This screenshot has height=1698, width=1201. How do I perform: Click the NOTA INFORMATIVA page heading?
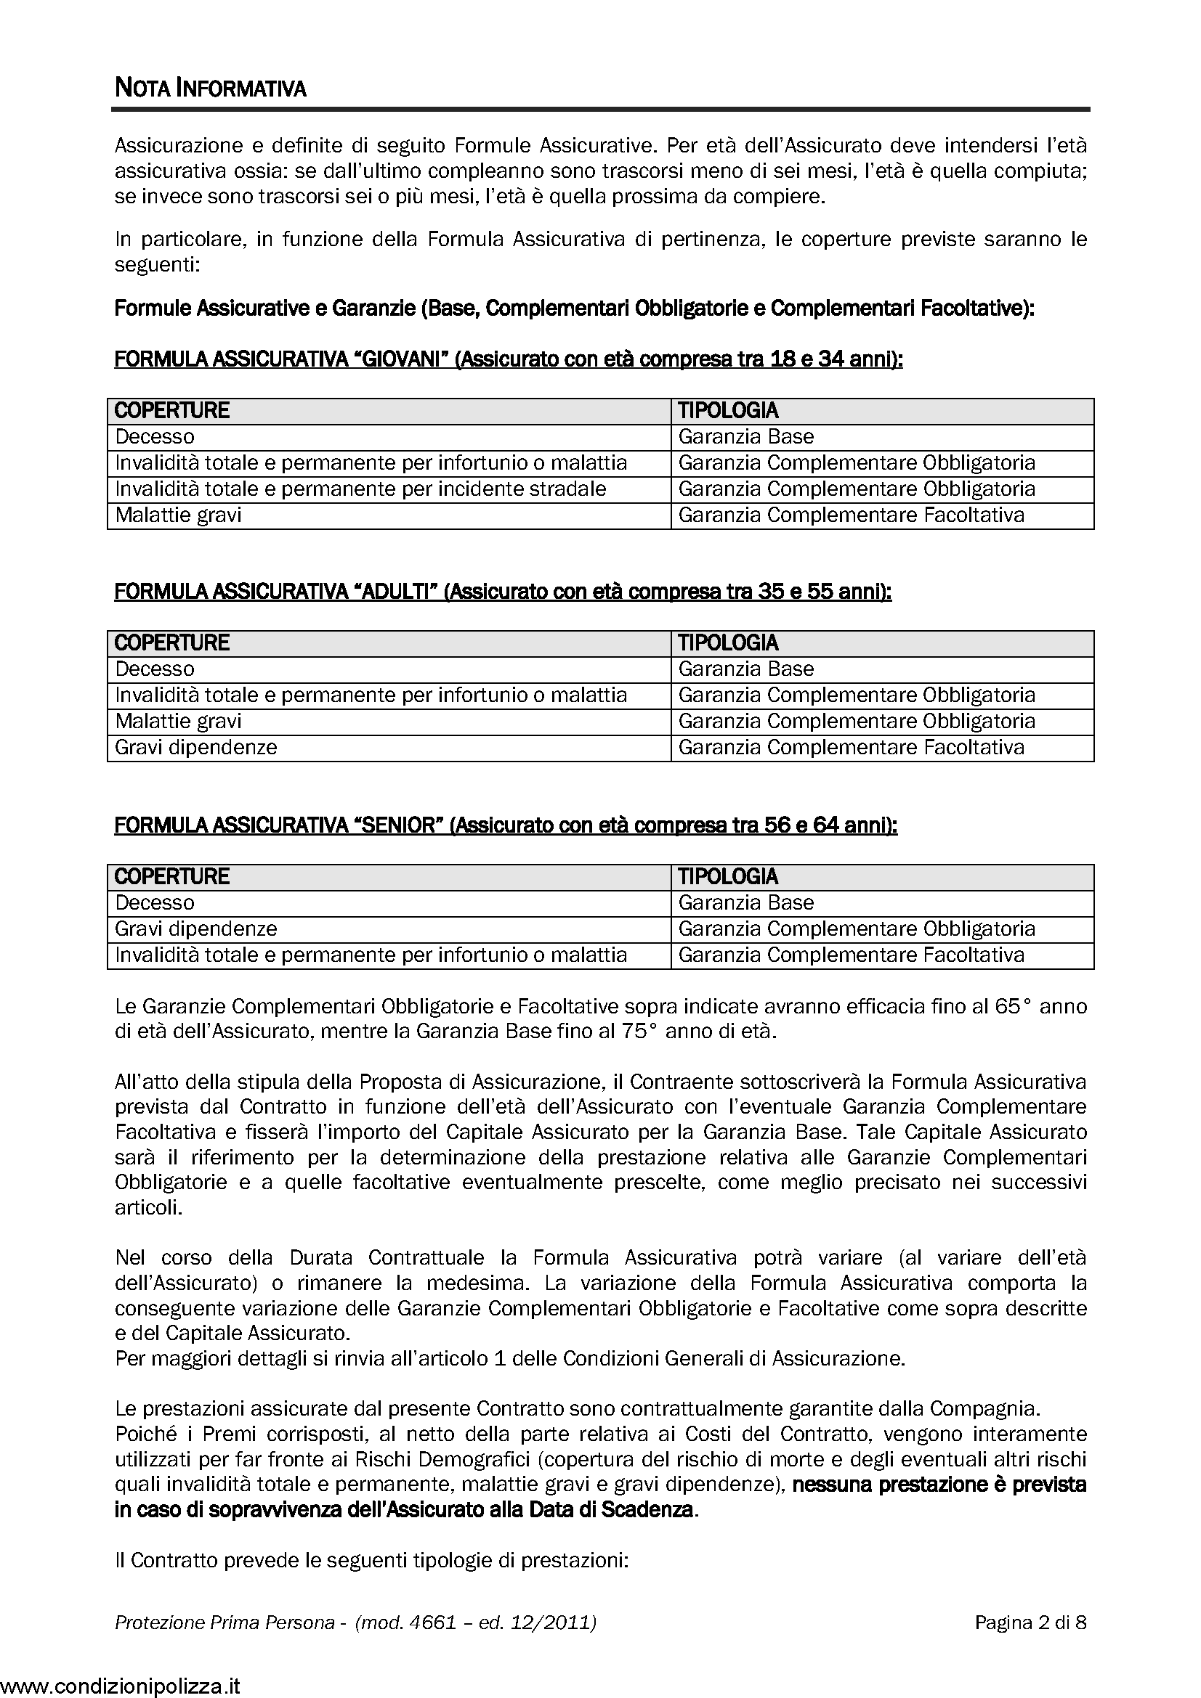tap(210, 89)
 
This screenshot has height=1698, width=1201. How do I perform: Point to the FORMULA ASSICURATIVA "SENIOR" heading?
tap(505, 825)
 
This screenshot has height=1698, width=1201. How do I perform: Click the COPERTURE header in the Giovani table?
tap(171, 410)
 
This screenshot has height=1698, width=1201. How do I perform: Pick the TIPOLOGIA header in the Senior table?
tap(727, 876)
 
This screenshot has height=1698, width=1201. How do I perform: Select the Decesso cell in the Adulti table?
tap(155, 669)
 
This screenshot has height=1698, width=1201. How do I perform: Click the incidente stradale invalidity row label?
tap(360, 489)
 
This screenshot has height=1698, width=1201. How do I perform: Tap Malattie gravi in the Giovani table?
tap(178, 515)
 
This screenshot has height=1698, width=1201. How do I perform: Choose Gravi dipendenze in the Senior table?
tap(196, 928)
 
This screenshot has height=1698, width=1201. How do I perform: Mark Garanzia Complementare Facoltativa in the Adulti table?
tap(851, 747)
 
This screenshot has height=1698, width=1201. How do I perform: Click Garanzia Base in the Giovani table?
tap(746, 436)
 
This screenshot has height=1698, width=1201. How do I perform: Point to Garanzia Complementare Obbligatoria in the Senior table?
tap(856, 928)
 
